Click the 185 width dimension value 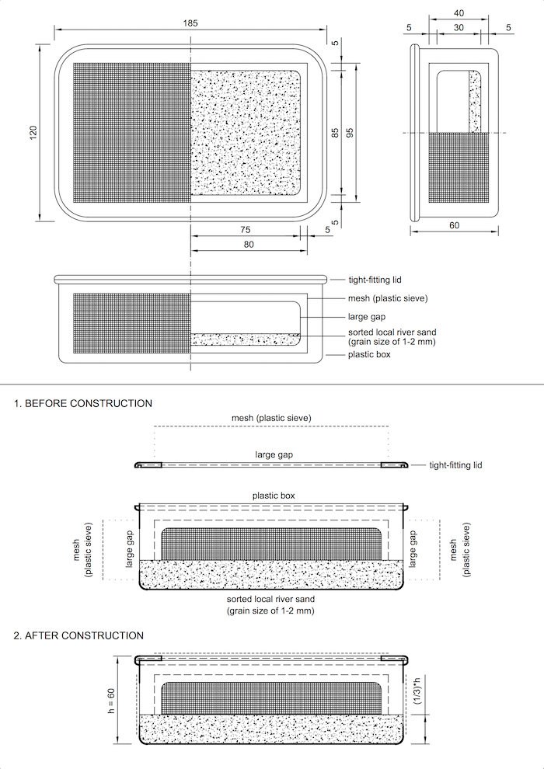[x=190, y=23]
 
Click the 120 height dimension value [x=33, y=133]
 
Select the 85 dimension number [x=335, y=133]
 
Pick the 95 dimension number [x=350, y=133]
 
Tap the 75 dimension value [x=245, y=230]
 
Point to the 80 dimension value [x=249, y=245]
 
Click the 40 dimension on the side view [x=459, y=12]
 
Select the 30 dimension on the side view [x=459, y=27]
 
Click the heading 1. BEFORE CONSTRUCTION [x=83, y=403]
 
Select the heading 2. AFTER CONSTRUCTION [x=78, y=635]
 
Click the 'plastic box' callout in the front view [x=369, y=354]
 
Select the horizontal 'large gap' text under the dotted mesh [x=274, y=454]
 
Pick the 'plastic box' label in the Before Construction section [x=274, y=495]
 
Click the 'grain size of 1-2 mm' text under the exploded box [x=270, y=611]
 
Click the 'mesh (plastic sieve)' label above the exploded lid [x=271, y=418]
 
